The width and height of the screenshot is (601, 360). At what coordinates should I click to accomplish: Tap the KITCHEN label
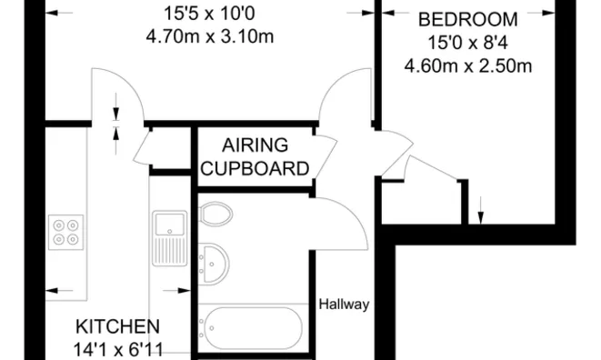118,326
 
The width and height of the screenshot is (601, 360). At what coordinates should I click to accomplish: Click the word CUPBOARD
255,168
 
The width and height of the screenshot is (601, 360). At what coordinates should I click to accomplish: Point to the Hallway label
344,305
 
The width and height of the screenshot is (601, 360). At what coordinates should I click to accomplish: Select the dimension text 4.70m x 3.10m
209,37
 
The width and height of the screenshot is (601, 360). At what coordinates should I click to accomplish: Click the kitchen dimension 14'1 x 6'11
118,348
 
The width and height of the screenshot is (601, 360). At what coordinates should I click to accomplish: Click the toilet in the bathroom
215,215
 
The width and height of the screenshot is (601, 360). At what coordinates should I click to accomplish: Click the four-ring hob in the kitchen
67,231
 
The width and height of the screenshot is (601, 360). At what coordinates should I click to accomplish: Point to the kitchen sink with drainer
169,236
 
